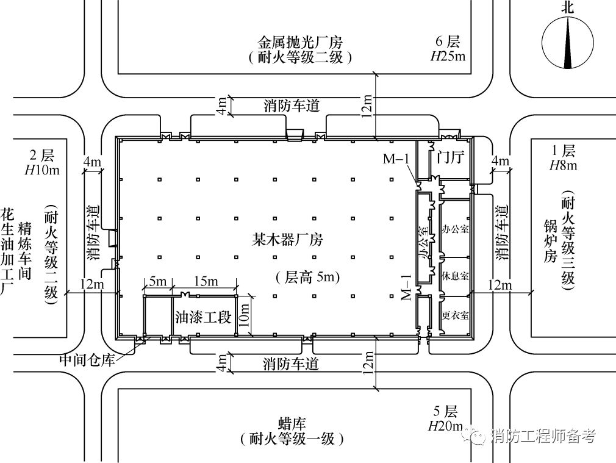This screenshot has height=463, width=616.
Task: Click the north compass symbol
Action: (x=568, y=42)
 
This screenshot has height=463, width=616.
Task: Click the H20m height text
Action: (x=448, y=425)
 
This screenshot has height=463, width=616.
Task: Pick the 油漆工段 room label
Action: (x=203, y=317)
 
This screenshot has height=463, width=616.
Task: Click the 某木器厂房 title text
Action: (x=288, y=240)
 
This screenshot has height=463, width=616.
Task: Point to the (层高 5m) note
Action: (x=307, y=278)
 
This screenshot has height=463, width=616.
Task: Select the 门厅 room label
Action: (x=451, y=158)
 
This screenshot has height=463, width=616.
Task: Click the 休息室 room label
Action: (x=454, y=275)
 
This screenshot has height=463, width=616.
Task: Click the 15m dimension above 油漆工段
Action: (x=205, y=282)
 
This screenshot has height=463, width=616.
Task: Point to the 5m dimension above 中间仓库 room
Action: (x=157, y=282)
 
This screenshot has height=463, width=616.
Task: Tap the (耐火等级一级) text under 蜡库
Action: (x=292, y=439)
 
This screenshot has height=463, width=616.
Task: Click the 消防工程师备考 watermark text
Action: (x=542, y=436)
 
